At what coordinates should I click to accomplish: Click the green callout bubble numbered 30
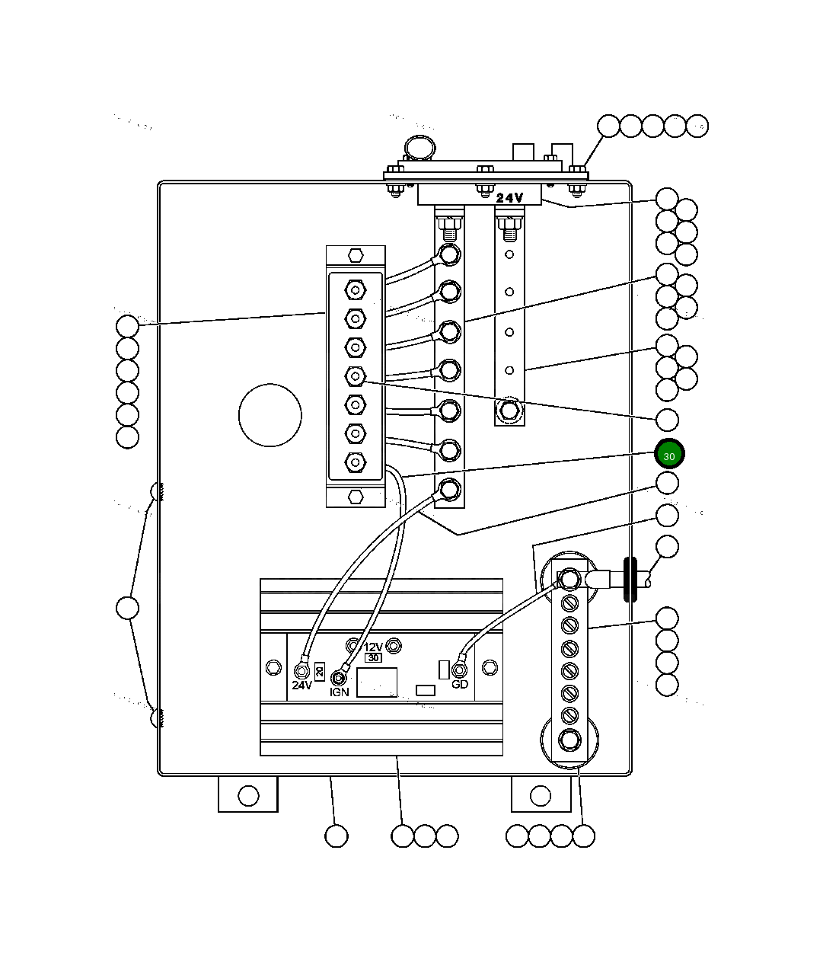669,455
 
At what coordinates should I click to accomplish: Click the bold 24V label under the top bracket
509,197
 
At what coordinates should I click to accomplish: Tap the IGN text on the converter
340,692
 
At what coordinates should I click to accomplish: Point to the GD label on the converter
460,684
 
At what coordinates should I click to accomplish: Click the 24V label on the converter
302,685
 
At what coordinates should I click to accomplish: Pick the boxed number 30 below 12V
373,657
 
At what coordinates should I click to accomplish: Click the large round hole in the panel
270,415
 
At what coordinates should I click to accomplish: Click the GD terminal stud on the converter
459,670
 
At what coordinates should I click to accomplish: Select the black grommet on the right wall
630,580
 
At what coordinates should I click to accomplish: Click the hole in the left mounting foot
248,796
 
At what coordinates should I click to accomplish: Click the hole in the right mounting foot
540,796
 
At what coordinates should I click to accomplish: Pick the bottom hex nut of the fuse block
356,497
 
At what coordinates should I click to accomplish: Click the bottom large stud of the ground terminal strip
569,740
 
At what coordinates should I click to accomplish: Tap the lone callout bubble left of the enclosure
128,608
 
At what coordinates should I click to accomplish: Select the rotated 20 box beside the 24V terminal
320,672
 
